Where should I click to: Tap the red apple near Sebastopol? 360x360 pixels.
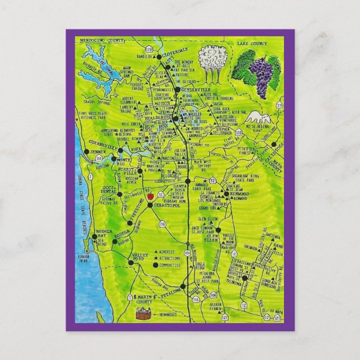pyautogui.click(x=150, y=197)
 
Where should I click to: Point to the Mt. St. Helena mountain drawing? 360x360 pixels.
pyautogui.click(x=257, y=117)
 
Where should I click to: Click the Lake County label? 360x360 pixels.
pyautogui.click(x=264, y=42)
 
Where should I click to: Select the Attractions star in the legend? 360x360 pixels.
pyautogui.click(x=156, y=258)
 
